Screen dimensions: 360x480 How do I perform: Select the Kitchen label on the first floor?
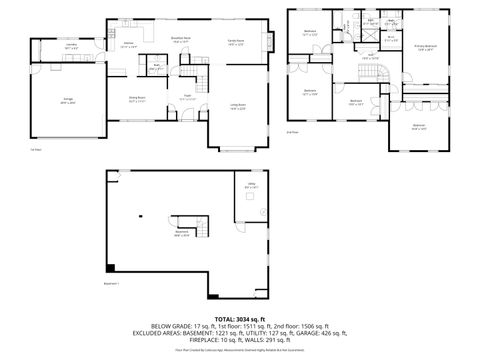tap(129, 45)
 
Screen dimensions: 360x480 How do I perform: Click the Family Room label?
tap(236, 42)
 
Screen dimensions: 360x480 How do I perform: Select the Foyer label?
tap(187, 98)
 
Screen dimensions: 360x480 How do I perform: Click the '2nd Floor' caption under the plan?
tap(293, 132)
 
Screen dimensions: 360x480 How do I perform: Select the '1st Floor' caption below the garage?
tap(35, 150)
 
